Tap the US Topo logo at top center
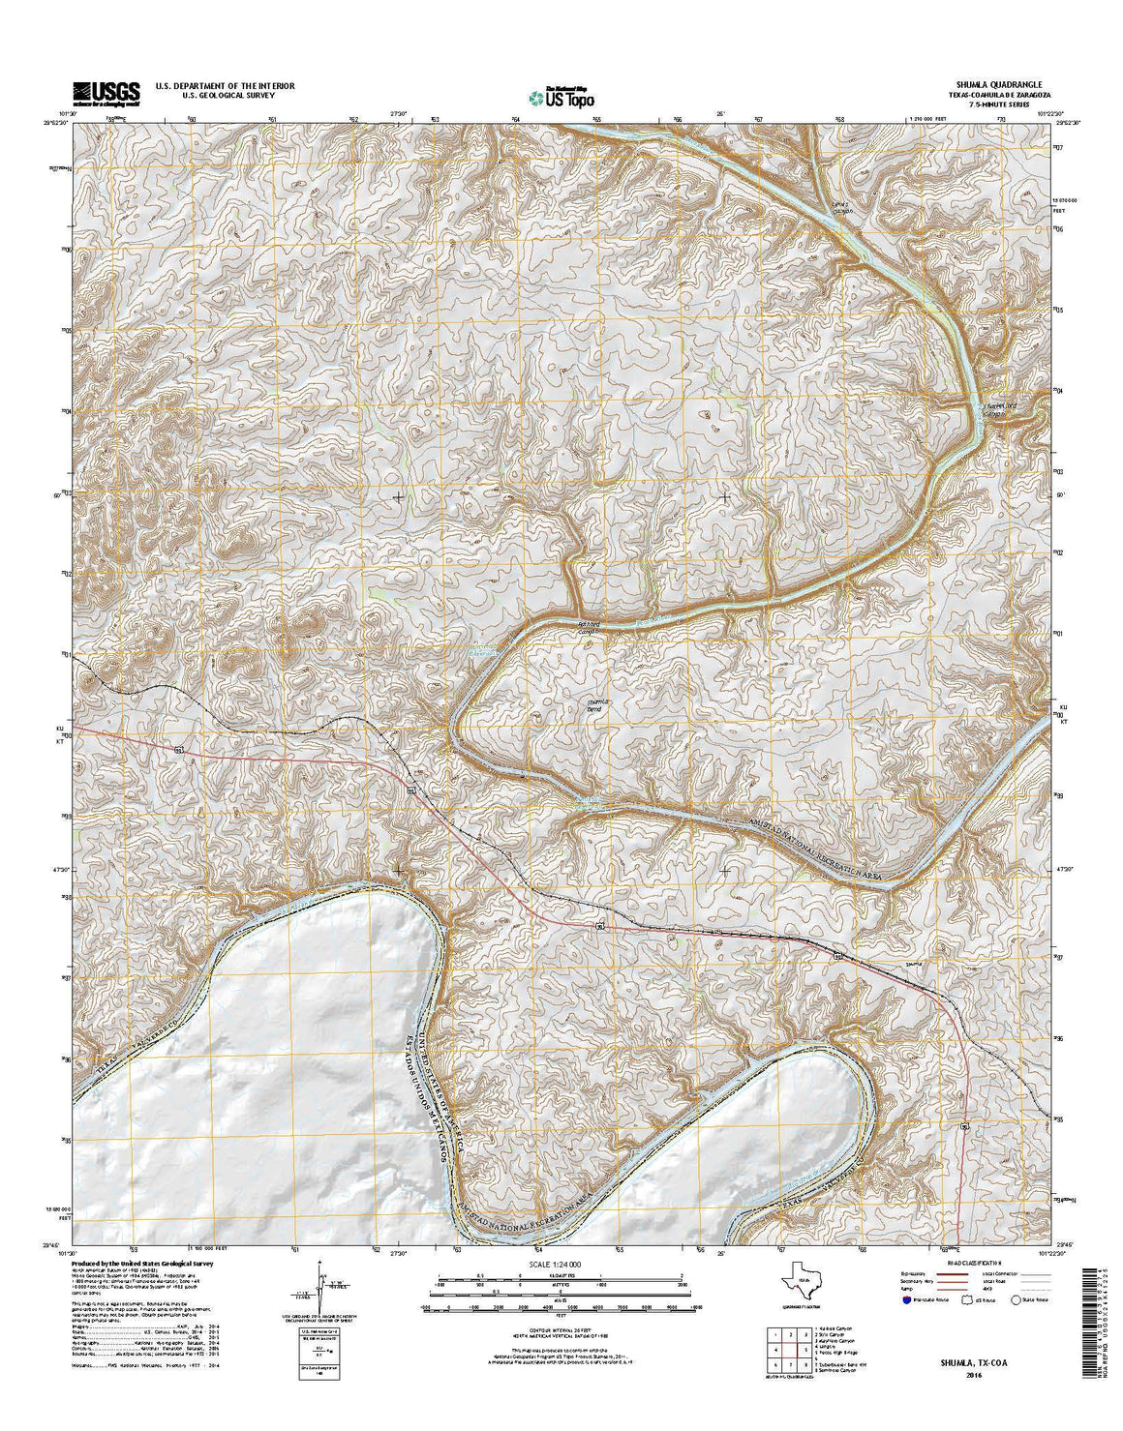tap(561, 96)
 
